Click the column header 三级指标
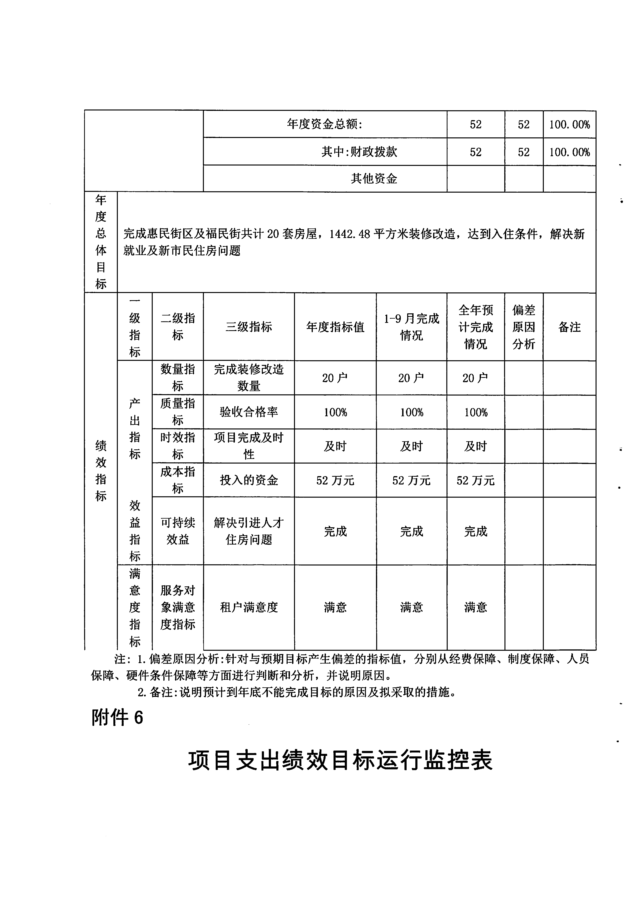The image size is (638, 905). (249, 327)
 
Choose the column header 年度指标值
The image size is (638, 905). (335, 327)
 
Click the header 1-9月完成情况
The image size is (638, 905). (411, 327)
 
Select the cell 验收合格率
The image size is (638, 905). (249, 412)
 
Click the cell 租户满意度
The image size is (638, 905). (249, 607)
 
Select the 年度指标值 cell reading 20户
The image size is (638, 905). (335, 378)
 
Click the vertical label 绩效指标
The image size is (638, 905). (101, 471)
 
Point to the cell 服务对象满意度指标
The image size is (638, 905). (178, 607)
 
